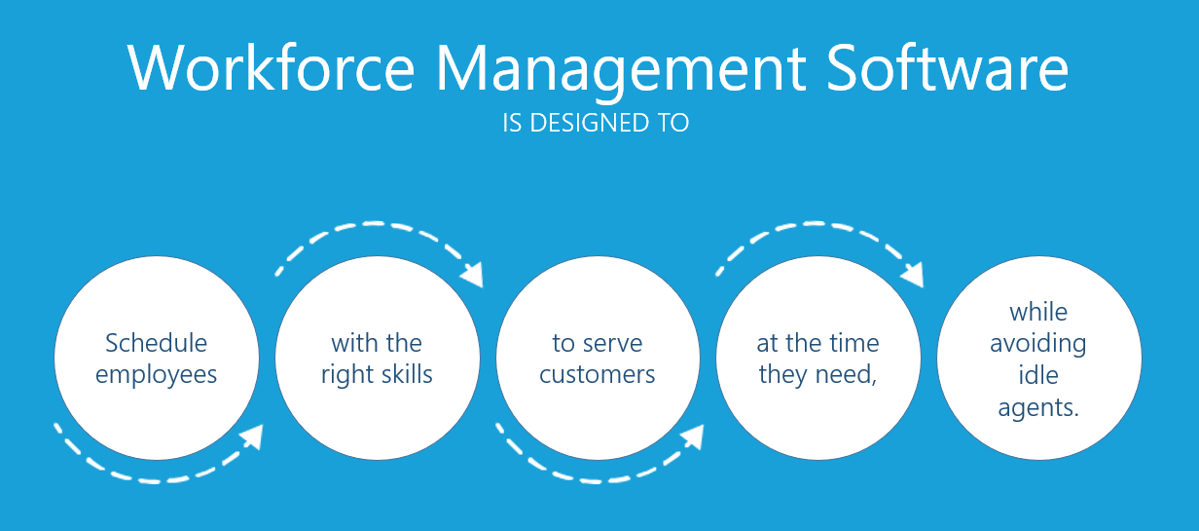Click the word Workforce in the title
tap(271, 67)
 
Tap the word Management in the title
tap(622, 71)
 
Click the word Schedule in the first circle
tap(156, 343)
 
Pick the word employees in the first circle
tap(156, 375)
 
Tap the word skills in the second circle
tap(407, 373)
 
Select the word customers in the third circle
tap(597, 375)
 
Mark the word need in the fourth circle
tap(846, 374)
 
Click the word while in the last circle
tap(1038, 312)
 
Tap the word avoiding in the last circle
tap(1037, 344)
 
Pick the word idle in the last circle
tap(1037, 375)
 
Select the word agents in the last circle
tap(1037, 408)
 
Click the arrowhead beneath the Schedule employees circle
tap(252, 436)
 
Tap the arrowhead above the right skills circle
tap(473, 275)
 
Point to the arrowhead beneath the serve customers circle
tap(693, 436)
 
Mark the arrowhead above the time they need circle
tap(913, 275)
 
